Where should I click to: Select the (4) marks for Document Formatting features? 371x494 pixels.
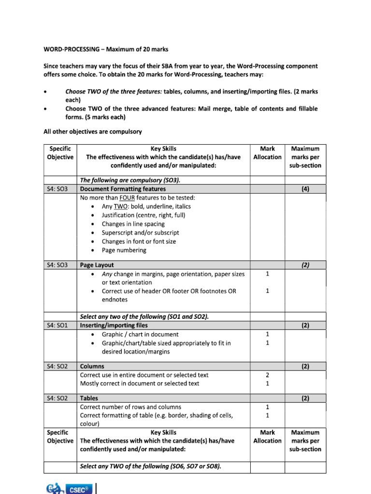pyautogui.click(x=305, y=189)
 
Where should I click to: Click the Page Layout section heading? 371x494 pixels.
pyautogui.click(x=97, y=265)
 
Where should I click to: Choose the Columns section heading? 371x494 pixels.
pyautogui.click(x=92, y=366)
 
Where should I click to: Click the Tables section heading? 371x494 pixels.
pyautogui.click(x=89, y=398)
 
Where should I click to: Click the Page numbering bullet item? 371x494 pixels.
pyautogui.click(x=124, y=250)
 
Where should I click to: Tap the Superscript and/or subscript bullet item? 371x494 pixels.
pyautogui.click(x=140, y=233)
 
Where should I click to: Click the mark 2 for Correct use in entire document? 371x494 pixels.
pyautogui.click(x=267, y=375)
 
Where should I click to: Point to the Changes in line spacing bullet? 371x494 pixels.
pyautogui.click(x=133, y=224)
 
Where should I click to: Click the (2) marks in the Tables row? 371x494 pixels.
pyautogui.click(x=305, y=398)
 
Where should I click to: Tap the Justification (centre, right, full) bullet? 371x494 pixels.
pyautogui.click(x=143, y=215)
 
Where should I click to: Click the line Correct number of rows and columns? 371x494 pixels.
pyautogui.click(x=130, y=407)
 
